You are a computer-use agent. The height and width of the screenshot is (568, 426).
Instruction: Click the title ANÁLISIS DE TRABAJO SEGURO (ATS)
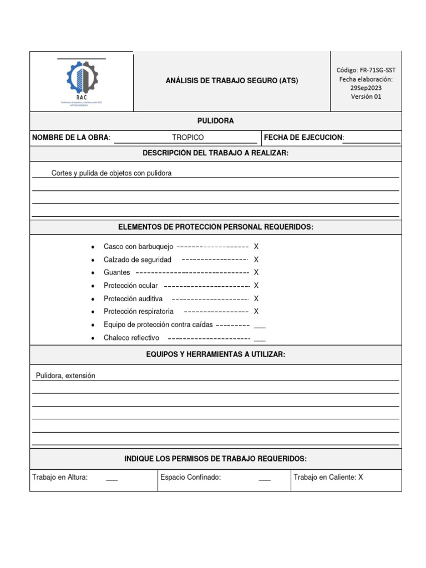(232, 80)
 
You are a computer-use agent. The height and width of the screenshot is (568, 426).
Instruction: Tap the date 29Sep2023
(366, 88)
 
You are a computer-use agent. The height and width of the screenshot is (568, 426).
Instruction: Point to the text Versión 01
(366, 97)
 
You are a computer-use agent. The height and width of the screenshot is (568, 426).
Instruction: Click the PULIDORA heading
(215, 121)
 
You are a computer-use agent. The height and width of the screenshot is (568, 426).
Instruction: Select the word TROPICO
(187, 138)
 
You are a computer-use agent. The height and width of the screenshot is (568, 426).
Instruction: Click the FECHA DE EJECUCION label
(303, 138)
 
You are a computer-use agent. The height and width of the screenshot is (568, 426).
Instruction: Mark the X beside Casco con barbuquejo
(256, 246)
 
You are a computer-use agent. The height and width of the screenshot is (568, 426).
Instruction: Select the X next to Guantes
(256, 272)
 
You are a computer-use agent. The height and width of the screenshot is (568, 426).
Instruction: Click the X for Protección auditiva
(256, 298)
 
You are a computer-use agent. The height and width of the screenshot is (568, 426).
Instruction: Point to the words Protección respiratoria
(138, 312)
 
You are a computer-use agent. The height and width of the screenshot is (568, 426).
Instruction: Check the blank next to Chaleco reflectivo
(259, 338)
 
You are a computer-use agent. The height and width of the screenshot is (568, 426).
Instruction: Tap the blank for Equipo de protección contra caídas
(259, 326)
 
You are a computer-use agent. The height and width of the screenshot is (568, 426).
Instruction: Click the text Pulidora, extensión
(65, 376)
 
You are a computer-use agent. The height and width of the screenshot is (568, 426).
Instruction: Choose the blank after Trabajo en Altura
(111, 478)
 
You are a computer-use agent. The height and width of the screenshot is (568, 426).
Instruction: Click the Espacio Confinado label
(190, 477)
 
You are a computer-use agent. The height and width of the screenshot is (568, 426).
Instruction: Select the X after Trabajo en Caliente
(361, 477)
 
